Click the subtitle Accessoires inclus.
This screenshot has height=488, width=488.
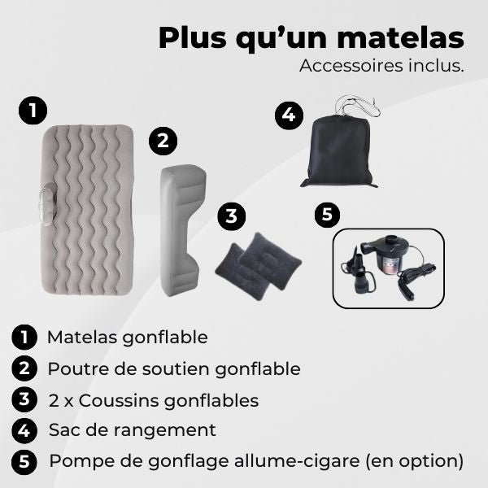pyautogui.click(x=381, y=66)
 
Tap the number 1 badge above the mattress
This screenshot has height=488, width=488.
pyautogui.click(x=32, y=111)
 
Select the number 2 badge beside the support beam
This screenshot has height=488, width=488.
pyautogui.click(x=163, y=141)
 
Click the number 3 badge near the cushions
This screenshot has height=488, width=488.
pyautogui.click(x=232, y=216)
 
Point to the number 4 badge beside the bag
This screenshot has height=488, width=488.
pyautogui.click(x=287, y=115)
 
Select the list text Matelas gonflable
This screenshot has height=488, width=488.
pyautogui.click(x=128, y=337)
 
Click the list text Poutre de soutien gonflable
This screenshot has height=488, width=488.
pyautogui.click(x=174, y=368)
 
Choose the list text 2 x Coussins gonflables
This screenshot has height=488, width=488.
pyautogui.click(x=153, y=400)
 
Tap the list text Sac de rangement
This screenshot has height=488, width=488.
pyautogui.click(x=133, y=430)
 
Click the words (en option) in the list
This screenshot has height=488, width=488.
pyautogui.click(x=414, y=461)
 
